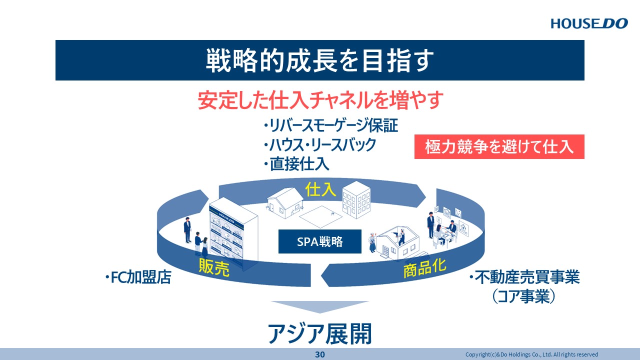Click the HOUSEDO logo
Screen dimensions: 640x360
click(589, 23)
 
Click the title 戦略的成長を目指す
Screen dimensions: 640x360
click(319, 60)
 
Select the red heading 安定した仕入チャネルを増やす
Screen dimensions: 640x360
click(320, 100)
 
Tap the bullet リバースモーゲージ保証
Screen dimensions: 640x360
click(330, 125)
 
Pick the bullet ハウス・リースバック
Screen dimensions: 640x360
click(319, 145)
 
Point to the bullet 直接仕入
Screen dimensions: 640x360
click(296, 164)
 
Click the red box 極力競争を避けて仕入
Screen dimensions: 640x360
click(499, 146)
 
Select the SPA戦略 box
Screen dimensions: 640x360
click(319, 241)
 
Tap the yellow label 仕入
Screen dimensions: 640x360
click(320, 189)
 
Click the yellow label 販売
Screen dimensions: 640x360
click(214, 267)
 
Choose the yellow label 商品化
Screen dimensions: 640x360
click(424, 268)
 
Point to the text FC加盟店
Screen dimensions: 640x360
click(138, 277)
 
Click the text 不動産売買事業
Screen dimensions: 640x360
click(524, 277)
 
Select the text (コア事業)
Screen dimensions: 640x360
click(523, 296)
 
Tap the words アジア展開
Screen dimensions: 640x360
click(319, 333)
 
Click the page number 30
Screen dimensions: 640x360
click(319, 354)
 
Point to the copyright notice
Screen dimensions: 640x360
click(531, 354)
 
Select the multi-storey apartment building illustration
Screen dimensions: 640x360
click(356, 199)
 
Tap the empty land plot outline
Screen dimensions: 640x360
click(320, 216)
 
